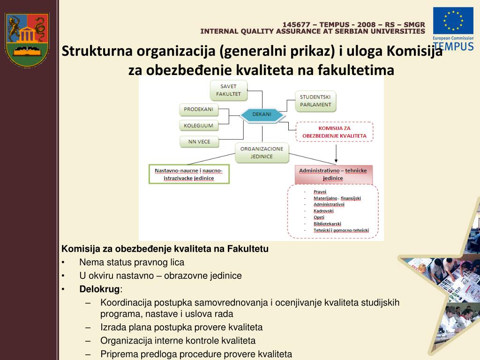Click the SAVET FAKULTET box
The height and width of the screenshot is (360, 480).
pos(228,90)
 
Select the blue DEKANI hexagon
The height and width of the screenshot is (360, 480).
pos(262,114)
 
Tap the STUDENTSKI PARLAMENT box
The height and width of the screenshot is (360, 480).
pos(315,101)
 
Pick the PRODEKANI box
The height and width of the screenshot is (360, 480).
pos(198,109)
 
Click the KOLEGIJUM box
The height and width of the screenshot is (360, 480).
pos(198,125)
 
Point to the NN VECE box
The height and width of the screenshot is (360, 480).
pos(199,141)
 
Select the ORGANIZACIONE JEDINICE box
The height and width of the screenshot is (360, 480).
pos(262,152)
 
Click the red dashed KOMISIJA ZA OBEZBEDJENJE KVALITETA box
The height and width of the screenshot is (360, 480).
pos(334,132)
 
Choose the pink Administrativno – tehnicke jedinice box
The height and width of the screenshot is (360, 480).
pos(333,174)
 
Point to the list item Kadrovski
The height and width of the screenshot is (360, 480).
pos(323,211)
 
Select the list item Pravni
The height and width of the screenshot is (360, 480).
pos(320,192)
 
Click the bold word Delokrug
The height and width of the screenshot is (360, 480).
pos(99,289)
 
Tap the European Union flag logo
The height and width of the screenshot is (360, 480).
pos(452,21)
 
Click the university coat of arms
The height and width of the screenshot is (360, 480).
pos(27,40)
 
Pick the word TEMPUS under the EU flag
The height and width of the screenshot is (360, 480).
pos(453,46)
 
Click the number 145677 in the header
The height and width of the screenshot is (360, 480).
pos(295,25)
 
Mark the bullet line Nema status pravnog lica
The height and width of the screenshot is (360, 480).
pos(132,262)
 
